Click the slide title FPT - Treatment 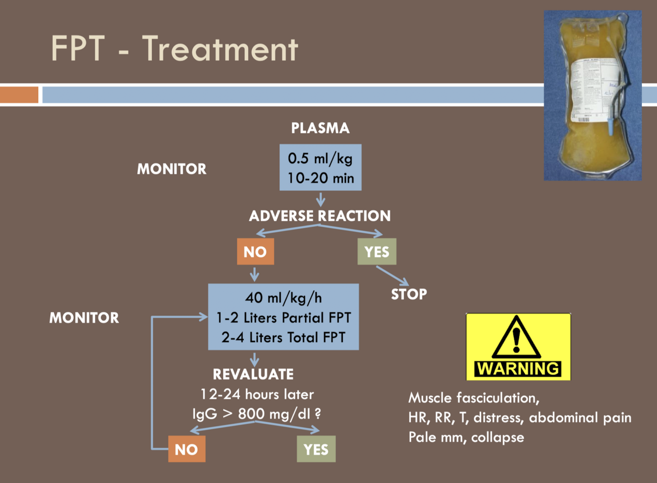pyautogui.click(x=174, y=49)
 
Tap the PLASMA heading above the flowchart pyautogui.click(x=320, y=128)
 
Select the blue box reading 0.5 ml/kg pyautogui.click(x=320, y=168)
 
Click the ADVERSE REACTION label pyautogui.click(x=320, y=216)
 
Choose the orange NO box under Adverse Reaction pyautogui.click(x=255, y=252)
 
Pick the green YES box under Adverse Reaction pyautogui.click(x=377, y=252)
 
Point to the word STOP pyautogui.click(x=409, y=294)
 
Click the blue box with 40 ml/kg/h pyautogui.click(x=283, y=317)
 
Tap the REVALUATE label pyautogui.click(x=253, y=374)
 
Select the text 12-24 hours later pyautogui.click(x=257, y=394)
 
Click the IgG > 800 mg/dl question pyautogui.click(x=257, y=414)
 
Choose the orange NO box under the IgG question pyautogui.click(x=187, y=449)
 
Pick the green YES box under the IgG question pyautogui.click(x=316, y=449)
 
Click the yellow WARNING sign pyautogui.click(x=518, y=347)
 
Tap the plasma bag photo pyautogui.click(x=592, y=95)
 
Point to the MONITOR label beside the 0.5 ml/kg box pyautogui.click(x=171, y=169)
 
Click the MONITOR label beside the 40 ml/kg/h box pyautogui.click(x=84, y=317)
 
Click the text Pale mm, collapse pyautogui.click(x=466, y=437)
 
